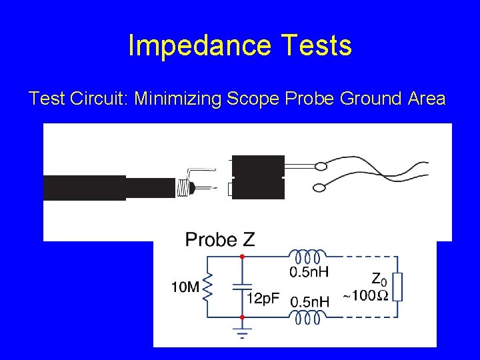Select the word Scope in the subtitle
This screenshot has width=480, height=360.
[251, 99]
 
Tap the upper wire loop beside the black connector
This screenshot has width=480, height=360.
[321, 166]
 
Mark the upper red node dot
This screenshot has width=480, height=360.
[241, 256]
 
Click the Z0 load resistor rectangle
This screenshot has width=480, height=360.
[398, 287]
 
